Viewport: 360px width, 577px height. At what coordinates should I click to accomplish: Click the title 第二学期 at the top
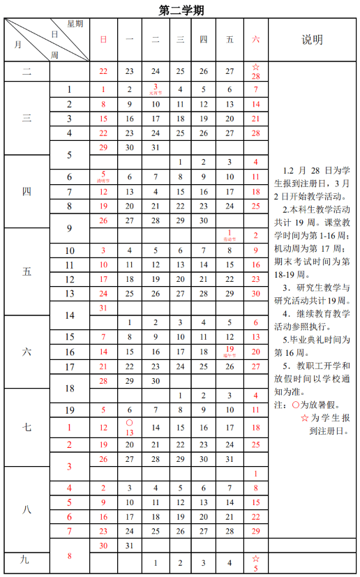[181, 10]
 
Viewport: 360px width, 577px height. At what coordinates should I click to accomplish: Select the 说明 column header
[312, 40]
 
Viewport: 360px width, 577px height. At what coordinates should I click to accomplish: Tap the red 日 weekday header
[103, 40]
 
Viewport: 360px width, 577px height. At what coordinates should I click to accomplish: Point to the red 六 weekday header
[255, 40]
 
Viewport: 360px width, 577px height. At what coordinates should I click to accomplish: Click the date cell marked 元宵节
[155, 89]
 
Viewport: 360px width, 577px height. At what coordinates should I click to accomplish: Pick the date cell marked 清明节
[103, 177]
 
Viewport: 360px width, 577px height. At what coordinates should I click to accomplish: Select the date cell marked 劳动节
[230, 235]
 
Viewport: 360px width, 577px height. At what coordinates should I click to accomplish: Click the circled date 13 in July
[129, 427]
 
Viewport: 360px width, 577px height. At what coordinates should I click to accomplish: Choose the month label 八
[27, 508]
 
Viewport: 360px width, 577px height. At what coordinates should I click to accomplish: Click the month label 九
[27, 559]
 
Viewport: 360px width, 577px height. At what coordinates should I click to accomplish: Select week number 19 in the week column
[70, 410]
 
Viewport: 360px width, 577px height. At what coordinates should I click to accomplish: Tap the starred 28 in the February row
[255, 71]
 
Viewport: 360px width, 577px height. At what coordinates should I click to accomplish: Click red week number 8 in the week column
[70, 555]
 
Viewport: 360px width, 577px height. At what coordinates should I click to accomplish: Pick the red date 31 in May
[103, 308]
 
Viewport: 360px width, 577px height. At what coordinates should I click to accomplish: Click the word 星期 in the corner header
[75, 24]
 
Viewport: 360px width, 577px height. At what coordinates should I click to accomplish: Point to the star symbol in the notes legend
[305, 417]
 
